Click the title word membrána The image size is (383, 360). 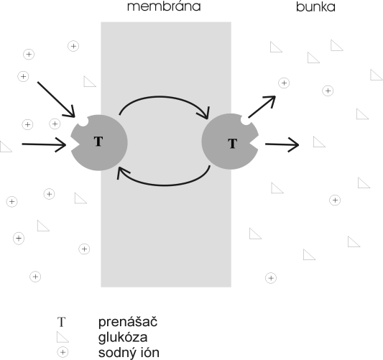(x=164, y=6)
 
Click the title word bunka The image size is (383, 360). (x=315, y=6)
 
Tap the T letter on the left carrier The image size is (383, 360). (x=98, y=142)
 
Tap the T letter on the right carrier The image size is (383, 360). (x=233, y=144)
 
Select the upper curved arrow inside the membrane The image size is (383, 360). (x=161, y=97)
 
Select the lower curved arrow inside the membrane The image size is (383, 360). (x=164, y=185)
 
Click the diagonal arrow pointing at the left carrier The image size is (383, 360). (x=56, y=99)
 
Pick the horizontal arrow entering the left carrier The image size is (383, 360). (x=44, y=144)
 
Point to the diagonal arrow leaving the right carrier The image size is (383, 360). (x=262, y=107)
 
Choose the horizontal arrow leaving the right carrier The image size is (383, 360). (x=282, y=144)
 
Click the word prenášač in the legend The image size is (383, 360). (x=128, y=322)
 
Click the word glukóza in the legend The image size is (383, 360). (x=123, y=337)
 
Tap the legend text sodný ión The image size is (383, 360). (x=129, y=353)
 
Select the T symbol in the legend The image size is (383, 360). (x=61, y=322)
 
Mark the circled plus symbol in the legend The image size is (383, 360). (x=63, y=352)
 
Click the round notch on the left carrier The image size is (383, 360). (x=83, y=121)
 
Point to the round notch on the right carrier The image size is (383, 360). (x=246, y=120)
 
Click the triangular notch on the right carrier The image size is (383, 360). (x=254, y=144)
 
